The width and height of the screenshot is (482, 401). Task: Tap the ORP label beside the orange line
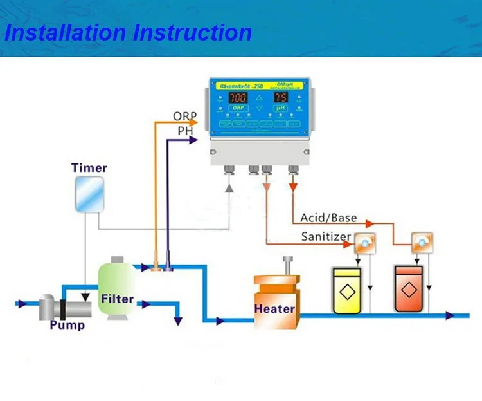point(185,117)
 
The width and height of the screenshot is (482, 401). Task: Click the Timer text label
point(89,168)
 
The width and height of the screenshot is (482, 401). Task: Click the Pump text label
point(67,325)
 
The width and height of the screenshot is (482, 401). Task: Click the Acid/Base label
point(329,218)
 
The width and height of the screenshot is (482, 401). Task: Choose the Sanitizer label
point(326,237)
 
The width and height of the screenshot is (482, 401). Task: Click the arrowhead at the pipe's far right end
point(465,315)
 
